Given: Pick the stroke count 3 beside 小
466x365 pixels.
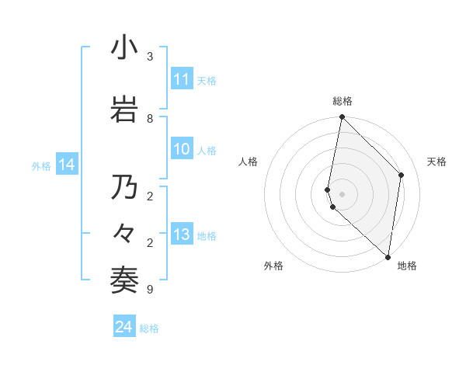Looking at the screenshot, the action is tap(149, 57).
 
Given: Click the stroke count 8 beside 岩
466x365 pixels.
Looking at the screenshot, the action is tap(149, 118).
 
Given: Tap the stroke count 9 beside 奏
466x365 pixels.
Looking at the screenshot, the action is tap(149, 290).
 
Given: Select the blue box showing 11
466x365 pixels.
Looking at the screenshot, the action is tap(182, 79).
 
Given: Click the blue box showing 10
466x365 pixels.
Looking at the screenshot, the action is tap(182, 150).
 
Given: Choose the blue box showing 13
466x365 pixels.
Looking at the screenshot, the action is tap(182, 235).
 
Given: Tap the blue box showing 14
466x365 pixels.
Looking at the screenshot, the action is tap(67, 165).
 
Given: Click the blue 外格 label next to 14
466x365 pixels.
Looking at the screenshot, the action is tap(41, 165).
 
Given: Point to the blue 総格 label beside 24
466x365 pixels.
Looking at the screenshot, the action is tap(149, 328).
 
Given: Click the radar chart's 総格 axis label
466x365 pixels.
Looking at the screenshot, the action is tap(343, 101).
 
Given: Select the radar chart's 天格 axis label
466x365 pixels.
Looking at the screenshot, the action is tap(437, 162).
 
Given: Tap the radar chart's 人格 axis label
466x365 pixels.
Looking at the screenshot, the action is tap(248, 162).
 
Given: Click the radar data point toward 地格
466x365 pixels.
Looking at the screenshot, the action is tap(388, 255).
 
